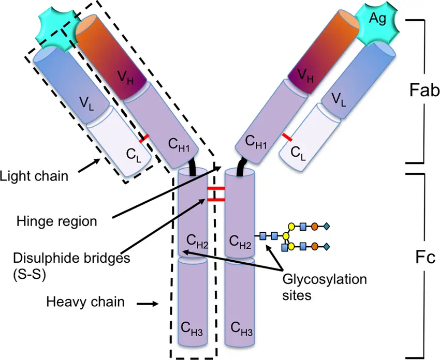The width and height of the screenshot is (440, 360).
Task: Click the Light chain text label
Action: (x=34, y=176)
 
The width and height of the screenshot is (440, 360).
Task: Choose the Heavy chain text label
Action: (x=85, y=301)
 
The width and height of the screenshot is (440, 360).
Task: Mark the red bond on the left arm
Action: (x=143, y=138)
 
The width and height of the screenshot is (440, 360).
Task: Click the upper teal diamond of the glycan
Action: (x=327, y=226)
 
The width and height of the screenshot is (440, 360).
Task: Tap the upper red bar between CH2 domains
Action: (x=216, y=189)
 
